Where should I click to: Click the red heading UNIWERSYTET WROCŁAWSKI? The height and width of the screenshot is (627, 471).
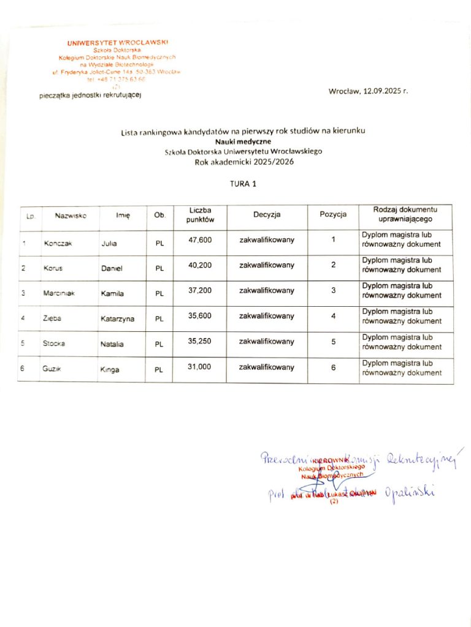(x=117, y=42)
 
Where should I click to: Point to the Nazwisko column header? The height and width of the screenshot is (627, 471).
(x=71, y=216)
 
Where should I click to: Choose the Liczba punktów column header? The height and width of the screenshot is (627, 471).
(x=200, y=214)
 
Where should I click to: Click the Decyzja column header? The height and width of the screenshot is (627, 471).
(x=267, y=215)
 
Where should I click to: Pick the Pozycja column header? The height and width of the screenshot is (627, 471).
(x=333, y=214)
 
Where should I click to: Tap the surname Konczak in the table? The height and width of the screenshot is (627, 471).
(x=58, y=244)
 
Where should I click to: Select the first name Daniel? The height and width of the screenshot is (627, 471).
(x=112, y=268)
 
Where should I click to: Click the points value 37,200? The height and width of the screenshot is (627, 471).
(x=200, y=290)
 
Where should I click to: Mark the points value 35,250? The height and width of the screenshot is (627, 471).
(x=200, y=342)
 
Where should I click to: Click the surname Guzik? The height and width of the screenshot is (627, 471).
(x=54, y=370)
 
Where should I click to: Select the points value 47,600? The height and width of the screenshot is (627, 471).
(x=200, y=240)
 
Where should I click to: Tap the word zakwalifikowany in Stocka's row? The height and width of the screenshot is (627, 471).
(x=267, y=342)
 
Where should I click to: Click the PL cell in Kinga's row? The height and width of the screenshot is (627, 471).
(x=159, y=370)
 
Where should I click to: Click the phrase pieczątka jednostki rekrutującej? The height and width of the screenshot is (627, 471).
(x=90, y=96)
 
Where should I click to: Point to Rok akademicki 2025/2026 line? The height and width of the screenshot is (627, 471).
(x=244, y=162)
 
